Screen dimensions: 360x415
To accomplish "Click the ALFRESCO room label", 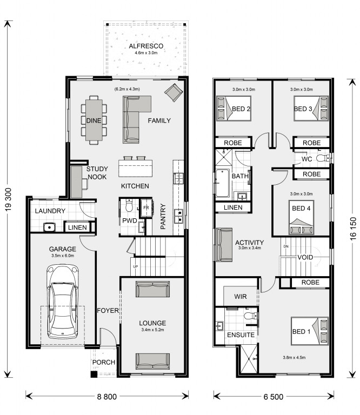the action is click(146, 46).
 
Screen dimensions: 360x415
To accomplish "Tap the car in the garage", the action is click(63, 301).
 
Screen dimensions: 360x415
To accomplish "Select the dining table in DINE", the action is click(94, 120).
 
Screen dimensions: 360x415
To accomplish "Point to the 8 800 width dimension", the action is click(107, 397).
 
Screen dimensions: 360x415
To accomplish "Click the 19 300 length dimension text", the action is click(9, 199).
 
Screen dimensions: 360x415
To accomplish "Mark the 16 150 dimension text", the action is click(353, 229).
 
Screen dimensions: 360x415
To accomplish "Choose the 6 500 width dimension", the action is click(274, 397).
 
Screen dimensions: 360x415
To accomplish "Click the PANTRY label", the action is click(163, 216).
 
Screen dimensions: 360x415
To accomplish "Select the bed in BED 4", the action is click(301, 217).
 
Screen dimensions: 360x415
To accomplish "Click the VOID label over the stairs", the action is click(305, 257).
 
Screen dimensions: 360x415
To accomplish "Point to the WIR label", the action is click(241, 297).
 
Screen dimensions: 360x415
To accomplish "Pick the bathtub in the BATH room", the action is click(222, 183).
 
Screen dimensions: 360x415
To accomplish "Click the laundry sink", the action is click(49, 227).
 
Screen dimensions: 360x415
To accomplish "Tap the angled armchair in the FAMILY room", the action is click(174, 92).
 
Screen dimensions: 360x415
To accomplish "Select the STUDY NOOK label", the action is click(97, 173).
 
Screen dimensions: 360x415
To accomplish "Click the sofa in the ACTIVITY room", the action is click(224, 245).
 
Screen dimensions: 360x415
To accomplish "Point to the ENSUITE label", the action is click(241, 335).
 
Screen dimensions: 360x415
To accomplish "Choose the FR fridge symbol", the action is click(146, 208).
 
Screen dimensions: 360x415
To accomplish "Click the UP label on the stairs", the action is click(135, 266).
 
